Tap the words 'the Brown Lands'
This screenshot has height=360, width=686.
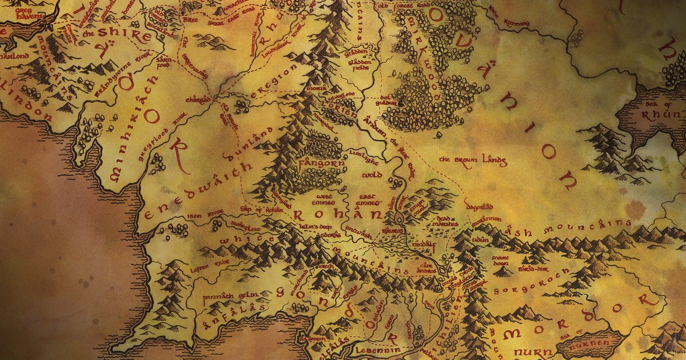(472, 161)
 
